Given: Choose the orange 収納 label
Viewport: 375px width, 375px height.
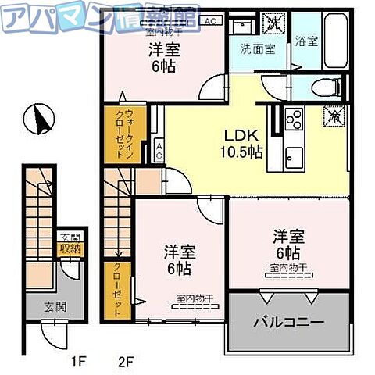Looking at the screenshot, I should [70, 250].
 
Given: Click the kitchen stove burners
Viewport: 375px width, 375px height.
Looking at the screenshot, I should [293, 119].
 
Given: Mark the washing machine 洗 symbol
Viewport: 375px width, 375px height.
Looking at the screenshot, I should [273, 23].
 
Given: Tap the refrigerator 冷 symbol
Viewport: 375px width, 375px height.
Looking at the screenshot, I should [333, 116].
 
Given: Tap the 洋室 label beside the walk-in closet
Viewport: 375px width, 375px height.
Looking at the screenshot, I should [162, 57].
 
